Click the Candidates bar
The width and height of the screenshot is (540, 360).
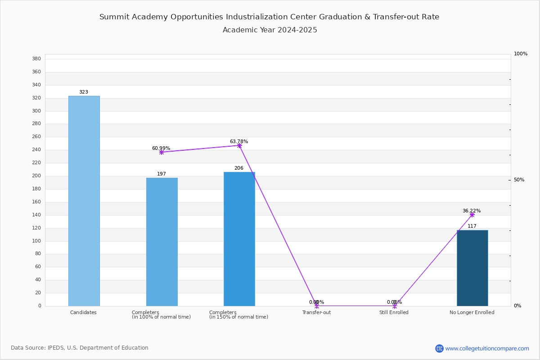click(x=84, y=201)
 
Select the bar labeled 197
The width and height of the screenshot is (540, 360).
click(x=162, y=242)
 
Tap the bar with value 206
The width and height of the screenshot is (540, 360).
click(x=239, y=239)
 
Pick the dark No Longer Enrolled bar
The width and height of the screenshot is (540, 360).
click(x=472, y=268)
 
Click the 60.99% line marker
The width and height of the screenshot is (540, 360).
click(x=162, y=153)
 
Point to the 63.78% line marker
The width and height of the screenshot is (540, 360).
click(x=239, y=146)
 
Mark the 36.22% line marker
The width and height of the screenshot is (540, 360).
click(x=472, y=215)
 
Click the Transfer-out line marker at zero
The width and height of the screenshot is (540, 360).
click(x=317, y=306)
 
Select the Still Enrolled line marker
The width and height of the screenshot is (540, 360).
click(x=395, y=306)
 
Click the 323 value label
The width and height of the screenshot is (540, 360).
click(x=84, y=92)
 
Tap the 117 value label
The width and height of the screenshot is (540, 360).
click(x=472, y=226)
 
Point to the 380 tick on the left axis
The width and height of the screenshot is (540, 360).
click(x=36, y=58)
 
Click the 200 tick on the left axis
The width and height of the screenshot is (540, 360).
click(x=36, y=176)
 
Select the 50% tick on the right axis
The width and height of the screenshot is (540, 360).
click(x=519, y=180)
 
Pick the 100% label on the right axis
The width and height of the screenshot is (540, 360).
click(x=521, y=54)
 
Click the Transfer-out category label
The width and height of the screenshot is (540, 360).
click(x=316, y=312)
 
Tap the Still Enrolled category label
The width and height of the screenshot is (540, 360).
click(x=394, y=312)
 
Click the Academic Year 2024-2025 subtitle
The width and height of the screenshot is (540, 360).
click(x=270, y=30)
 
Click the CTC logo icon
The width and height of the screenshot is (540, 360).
click(x=439, y=348)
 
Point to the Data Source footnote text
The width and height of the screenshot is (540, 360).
click(x=80, y=348)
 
